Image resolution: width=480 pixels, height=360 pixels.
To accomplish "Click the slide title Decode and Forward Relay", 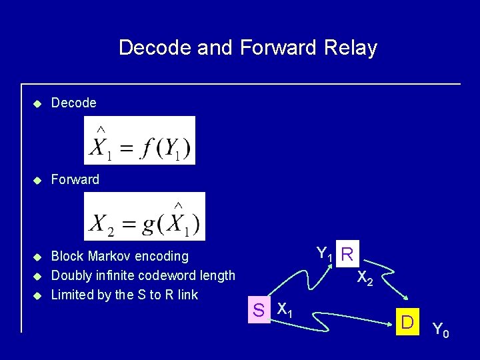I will point(247,48).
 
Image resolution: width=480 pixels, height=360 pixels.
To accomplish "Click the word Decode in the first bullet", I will point(73,103).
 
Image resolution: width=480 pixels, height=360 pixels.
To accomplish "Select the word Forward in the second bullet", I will point(75,179).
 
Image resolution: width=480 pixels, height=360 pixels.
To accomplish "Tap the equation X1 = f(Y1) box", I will point(139,140).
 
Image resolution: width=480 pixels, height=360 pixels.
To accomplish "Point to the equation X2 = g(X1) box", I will point(145,216).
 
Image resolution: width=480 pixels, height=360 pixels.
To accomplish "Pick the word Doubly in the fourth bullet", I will point(71,275).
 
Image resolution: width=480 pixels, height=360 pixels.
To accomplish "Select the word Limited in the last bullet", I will point(72,295).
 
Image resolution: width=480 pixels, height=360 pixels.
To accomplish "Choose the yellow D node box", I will point(405,323).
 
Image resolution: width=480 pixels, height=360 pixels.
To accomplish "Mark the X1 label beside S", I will point(285,310).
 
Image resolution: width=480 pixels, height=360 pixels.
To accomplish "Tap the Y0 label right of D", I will point(441,329).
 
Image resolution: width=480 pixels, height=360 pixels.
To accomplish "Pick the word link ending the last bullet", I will point(187,295).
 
